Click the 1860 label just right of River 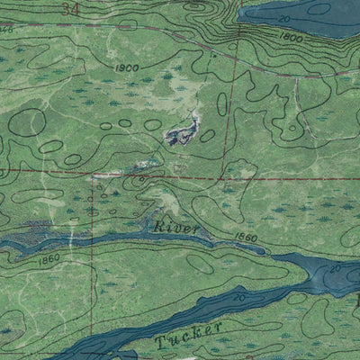244,238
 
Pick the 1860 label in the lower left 49,258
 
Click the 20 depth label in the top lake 285,18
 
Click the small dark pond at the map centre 183,134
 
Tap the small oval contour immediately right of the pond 208,135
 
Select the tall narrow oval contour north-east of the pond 221,104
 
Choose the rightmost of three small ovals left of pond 153,126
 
